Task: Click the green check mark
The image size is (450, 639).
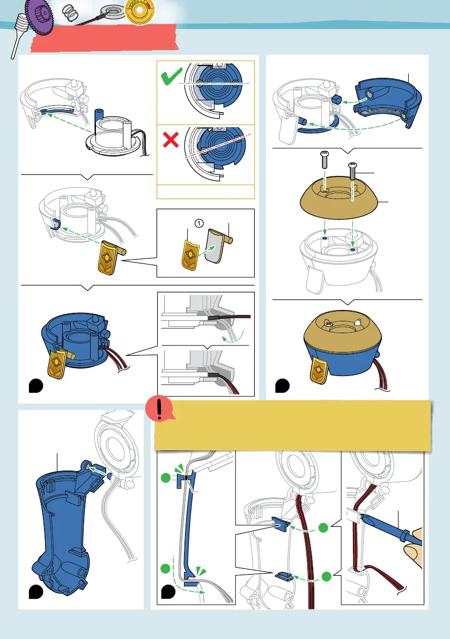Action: tap(172, 76)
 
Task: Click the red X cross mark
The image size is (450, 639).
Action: tap(171, 140)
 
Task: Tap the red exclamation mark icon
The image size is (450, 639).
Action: tap(160, 408)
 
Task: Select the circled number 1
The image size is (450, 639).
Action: tap(199, 223)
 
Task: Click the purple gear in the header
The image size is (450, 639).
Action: tap(39, 16)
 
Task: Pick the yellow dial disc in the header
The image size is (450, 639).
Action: tap(139, 11)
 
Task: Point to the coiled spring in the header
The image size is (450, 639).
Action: tap(70, 13)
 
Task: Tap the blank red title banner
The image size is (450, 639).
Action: tap(104, 38)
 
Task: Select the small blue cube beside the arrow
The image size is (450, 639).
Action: tap(336, 100)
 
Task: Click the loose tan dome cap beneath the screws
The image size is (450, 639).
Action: tap(339, 198)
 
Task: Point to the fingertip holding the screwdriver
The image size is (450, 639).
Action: tap(413, 549)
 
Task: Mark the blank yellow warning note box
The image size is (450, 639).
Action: tap(292, 425)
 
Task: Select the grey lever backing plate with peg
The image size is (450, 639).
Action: tap(218, 245)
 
